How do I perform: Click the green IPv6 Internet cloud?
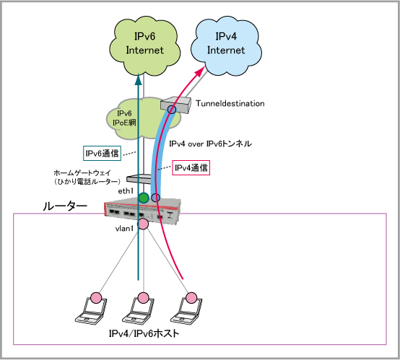coord(144,46)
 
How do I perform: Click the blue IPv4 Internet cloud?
coord(226,45)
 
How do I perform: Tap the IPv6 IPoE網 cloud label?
coord(124,118)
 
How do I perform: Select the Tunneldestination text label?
coord(230,103)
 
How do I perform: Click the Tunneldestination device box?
coord(175,105)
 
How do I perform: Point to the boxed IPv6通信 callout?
coord(102,153)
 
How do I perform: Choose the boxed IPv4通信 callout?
coord(191,168)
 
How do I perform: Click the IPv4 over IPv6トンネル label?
coord(210,144)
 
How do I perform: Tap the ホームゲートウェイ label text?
coord(82,173)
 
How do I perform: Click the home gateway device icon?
coord(139,178)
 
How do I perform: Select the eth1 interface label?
coord(126,191)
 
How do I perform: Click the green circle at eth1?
coord(144,198)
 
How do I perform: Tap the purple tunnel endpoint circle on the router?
coord(156,198)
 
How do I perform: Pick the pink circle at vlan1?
coord(143,224)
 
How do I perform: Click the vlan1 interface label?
coord(124,229)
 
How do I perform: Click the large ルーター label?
coord(65,206)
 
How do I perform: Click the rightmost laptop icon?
coord(186,309)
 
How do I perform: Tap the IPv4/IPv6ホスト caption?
coord(144,333)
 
